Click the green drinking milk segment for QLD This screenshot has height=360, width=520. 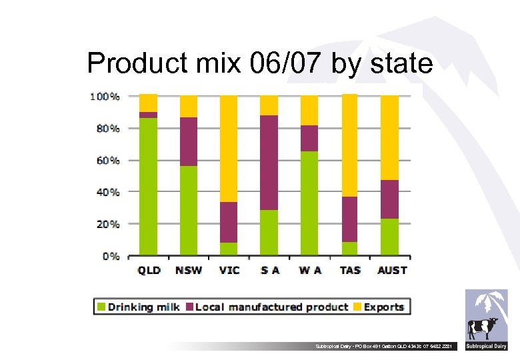point(148,187)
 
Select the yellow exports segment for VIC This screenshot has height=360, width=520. point(229,149)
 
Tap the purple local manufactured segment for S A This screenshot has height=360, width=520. point(269,163)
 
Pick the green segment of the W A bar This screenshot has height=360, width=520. point(309,203)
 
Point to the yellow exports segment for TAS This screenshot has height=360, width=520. point(349,145)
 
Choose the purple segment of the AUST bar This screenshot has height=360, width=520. point(389,199)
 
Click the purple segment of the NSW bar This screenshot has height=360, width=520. point(189,141)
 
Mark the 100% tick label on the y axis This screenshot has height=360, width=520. point(105,97)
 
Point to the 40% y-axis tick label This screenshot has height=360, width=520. point(105,192)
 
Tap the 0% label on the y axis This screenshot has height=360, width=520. point(110,256)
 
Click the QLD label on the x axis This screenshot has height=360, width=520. point(149,270)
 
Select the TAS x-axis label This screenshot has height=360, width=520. point(349,270)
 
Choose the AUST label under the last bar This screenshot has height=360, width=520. point(392,270)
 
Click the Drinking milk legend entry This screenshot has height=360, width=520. point(143,307)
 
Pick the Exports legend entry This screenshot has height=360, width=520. point(383,307)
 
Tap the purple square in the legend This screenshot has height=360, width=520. point(189,307)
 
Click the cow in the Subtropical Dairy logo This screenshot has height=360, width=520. point(483,328)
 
